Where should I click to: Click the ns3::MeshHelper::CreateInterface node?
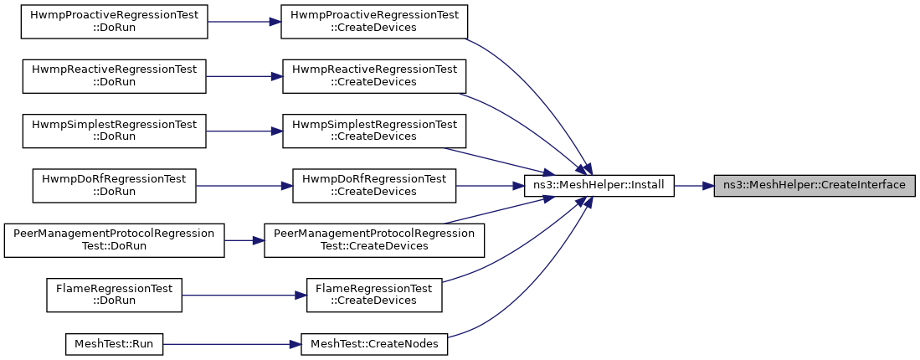point(815,186)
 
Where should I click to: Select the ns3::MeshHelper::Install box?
point(599,186)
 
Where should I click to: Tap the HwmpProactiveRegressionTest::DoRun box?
point(115,22)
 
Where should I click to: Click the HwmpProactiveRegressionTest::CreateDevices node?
point(374,22)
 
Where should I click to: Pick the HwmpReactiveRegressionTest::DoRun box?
point(115,76)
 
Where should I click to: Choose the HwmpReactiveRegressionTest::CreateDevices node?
point(374,76)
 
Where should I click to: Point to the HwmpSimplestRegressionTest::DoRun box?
point(115,131)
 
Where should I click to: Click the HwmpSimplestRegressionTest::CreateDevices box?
point(374,131)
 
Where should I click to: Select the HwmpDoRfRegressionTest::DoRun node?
point(114,186)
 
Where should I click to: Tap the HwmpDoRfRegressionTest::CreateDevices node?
point(374,186)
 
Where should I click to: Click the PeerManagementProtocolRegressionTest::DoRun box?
point(115,240)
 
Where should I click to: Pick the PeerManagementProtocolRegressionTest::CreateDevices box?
point(374,240)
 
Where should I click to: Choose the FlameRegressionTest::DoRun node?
point(115,295)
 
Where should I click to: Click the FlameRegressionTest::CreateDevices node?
point(374,295)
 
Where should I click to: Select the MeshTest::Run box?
point(115,343)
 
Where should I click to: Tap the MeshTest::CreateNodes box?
point(374,343)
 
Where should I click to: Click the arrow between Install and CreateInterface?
point(694,186)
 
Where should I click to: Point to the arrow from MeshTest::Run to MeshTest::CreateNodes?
point(232,343)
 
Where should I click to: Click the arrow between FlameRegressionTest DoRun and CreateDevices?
point(244,295)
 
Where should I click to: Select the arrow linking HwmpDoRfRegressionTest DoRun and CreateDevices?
point(244,186)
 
